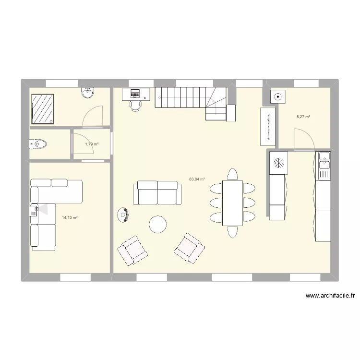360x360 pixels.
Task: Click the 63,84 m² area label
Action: coord(197,179)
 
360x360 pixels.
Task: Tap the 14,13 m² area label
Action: coord(70,217)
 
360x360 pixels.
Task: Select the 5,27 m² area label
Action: coord(303,117)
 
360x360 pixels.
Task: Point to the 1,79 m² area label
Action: coord(92,144)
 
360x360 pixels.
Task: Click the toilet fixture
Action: coord(38,144)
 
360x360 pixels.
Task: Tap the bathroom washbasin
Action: coord(87,93)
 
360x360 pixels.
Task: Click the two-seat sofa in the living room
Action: coord(157,192)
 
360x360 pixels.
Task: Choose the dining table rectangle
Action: coord(232,203)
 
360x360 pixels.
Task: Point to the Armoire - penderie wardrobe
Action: coord(267,126)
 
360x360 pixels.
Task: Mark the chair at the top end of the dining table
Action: coord(233,174)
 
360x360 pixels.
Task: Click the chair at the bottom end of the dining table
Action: coord(233,232)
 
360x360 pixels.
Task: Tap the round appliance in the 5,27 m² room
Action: coord(277,97)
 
